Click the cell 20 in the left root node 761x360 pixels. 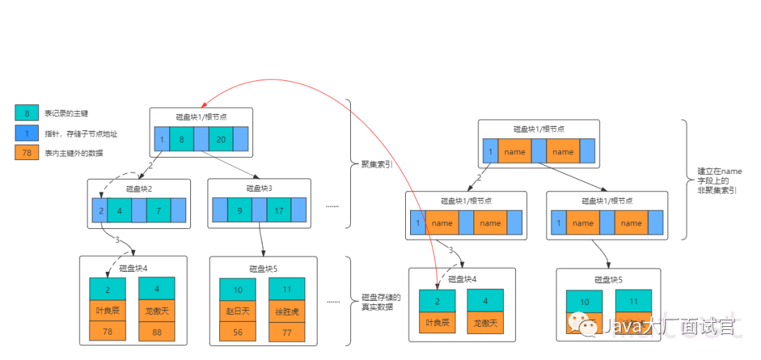(221, 139)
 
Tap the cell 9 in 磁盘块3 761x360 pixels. (240, 210)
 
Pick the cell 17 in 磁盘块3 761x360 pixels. (279, 210)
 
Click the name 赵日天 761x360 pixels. (237, 311)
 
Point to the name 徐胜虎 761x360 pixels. (287, 311)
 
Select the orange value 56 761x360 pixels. (237, 332)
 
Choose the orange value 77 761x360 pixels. (287, 332)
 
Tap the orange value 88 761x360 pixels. (156, 331)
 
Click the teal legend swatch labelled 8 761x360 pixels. (27, 113)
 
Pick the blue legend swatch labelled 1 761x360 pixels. (27, 132)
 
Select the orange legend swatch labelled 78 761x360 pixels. (27, 152)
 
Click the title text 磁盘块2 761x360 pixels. (139, 189)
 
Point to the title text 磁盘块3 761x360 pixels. (259, 188)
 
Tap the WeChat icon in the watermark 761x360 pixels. (581, 325)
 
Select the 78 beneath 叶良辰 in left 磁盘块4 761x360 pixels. (107, 331)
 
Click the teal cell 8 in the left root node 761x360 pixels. (181, 139)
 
